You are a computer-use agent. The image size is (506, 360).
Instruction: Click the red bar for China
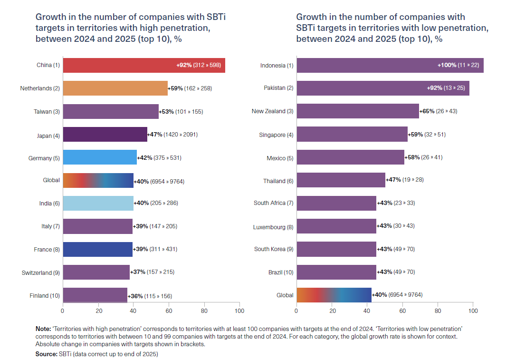point(143,65)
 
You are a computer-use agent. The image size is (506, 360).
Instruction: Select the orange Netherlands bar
point(115,88)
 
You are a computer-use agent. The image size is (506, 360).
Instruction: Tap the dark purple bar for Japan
point(105,135)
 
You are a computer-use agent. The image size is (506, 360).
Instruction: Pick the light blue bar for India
point(98,203)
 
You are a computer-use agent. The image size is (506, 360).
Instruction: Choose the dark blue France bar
point(97,249)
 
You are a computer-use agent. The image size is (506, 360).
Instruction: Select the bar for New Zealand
point(357,111)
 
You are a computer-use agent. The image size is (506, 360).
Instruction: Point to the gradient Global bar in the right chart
point(334,295)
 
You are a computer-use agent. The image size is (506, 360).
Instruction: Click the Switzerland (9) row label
point(40,272)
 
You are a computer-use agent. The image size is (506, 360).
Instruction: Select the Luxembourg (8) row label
point(273,227)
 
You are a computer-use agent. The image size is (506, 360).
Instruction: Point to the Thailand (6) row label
point(278,181)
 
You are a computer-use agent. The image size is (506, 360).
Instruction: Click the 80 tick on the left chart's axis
point(204,311)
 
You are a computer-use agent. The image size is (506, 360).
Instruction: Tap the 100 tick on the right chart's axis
point(473,311)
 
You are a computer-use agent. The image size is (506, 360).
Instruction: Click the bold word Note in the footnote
point(42,329)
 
